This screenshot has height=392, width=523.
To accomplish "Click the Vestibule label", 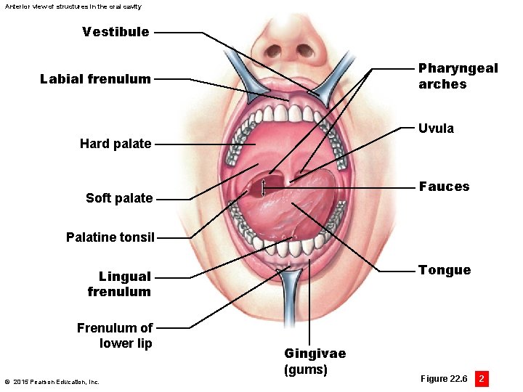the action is point(115,32).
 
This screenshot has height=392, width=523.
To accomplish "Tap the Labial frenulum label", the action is point(95,79).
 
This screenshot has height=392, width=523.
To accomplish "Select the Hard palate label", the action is point(115,144).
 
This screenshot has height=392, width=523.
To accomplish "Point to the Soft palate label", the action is point(119,198).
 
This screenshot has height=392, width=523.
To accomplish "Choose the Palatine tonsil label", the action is point(110,237).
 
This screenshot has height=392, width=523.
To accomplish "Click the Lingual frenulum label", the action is point(119,284).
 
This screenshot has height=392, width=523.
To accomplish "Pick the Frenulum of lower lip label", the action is point(115,335).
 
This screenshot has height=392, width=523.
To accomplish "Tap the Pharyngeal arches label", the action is point(458,76).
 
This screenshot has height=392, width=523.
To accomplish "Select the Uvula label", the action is point(436,128).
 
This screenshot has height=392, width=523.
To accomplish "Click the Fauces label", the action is point(444,187).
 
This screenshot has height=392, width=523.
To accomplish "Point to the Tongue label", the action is point(444,270).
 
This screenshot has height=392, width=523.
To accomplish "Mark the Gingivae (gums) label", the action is point(315,362).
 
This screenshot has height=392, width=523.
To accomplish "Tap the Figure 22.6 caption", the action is point(443,379).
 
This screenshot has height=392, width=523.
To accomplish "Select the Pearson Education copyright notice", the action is point(52,382).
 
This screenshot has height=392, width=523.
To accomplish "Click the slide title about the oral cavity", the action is point(73,7).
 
